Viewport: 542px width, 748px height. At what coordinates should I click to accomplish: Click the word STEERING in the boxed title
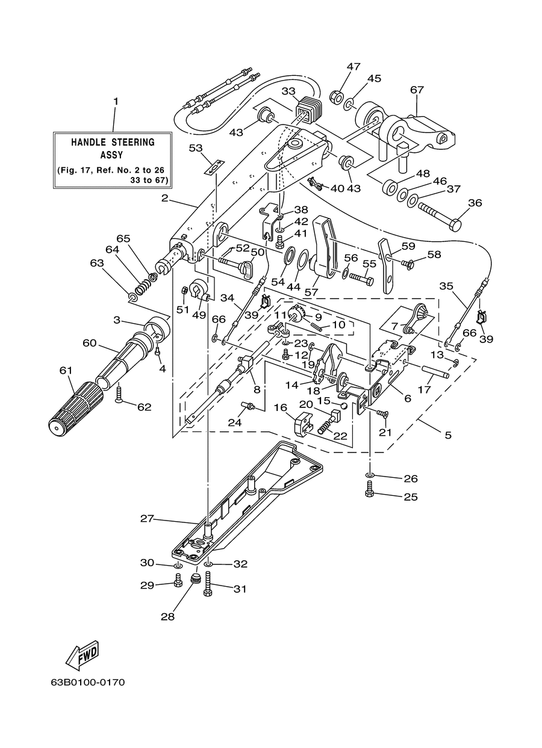click(x=132, y=143)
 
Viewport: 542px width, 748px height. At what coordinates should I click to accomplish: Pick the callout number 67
click(x=417, y=90)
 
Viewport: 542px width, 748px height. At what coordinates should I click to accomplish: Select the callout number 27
click(x=147, y=519)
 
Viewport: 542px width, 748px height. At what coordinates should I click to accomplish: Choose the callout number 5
click(x=448, y=435)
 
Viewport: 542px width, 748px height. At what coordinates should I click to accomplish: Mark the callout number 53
click(x=196, y=147)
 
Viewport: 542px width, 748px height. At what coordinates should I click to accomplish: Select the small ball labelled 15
click(x=344, y=406)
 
